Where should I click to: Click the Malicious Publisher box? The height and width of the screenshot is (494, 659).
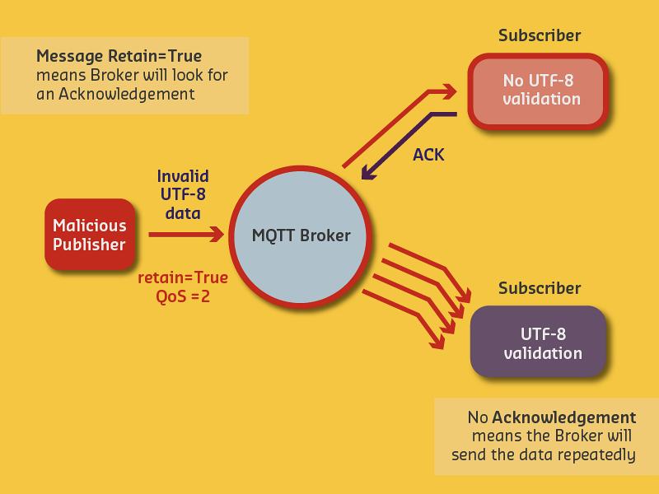[x=89, y=234]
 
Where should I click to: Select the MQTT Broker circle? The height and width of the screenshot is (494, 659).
[x=301, y=235]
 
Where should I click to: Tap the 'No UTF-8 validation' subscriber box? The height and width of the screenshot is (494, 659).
[x=538, y=90]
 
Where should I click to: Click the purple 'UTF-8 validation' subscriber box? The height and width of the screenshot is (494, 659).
[x=538, y=342]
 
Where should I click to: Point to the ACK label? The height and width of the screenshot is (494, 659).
[x=428, y=154]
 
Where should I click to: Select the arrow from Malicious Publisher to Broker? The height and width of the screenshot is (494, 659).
[x=185, y=235]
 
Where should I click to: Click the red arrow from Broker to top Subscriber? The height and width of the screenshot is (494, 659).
[x=395, y=123]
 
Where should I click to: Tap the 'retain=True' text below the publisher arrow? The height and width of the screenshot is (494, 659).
[x=182, y=277]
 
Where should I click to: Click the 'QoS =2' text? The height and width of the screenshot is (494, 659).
[x=182, y=296]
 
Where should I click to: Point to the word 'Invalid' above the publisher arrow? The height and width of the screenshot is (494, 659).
[x=183, y=176]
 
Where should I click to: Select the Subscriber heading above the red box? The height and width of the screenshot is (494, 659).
[x=540, y=35]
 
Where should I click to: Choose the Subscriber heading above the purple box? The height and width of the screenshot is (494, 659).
[x=540, y=288]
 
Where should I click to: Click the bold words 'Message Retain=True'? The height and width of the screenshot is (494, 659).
[x=119, y=57]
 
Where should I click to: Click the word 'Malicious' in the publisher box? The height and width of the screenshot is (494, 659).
[x=90, y=225]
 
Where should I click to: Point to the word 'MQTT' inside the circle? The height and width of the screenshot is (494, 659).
[x=273, y=235]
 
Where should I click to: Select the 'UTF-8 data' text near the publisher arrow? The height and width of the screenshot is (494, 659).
[x=183, y=203]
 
